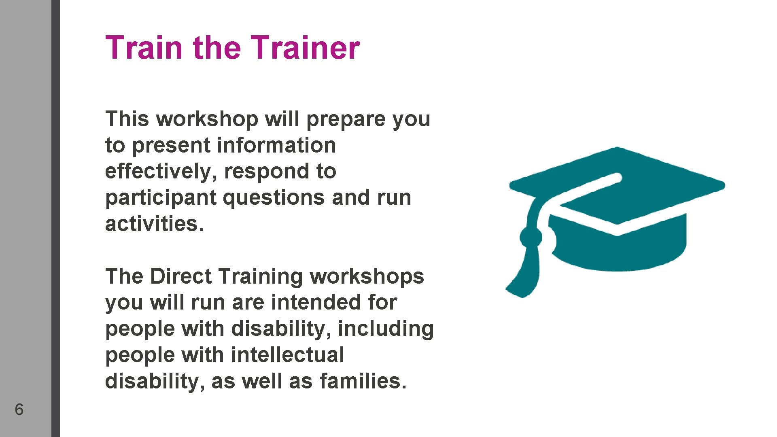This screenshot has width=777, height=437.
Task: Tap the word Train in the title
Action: point(144,48)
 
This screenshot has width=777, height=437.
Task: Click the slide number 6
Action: point(19,409)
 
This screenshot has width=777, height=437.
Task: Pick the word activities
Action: point(154,224)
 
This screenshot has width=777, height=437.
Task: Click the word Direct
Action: point(180,277)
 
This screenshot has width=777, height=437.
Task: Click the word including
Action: point(386,329)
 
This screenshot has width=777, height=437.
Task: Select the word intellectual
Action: point(287,355)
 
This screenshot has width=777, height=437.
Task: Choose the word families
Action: point(363,381)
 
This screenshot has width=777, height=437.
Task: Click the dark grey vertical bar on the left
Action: point(55,218)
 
